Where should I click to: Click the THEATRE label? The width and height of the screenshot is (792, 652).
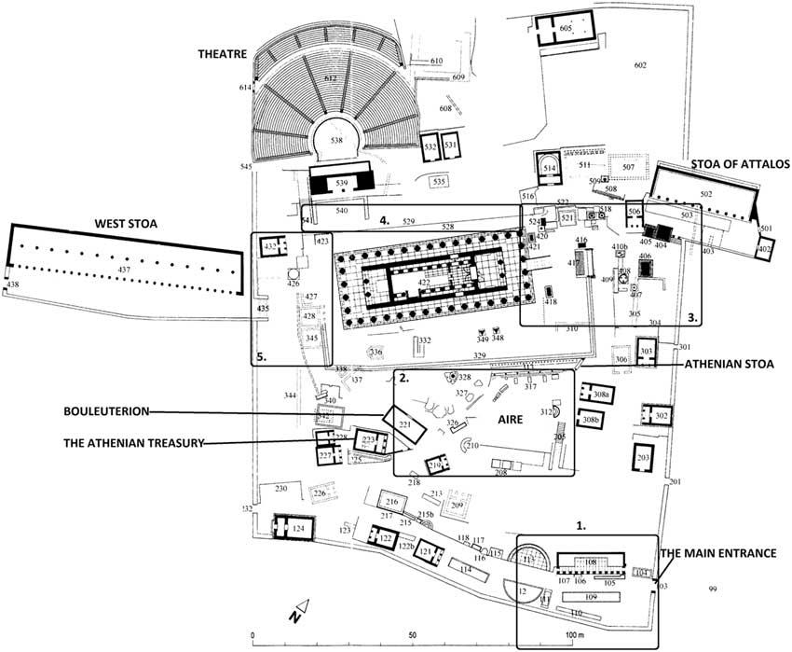222,55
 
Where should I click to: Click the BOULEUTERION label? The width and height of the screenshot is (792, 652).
109,410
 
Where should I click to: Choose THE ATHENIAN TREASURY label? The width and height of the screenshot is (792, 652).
133,443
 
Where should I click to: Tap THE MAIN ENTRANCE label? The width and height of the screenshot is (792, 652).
718,553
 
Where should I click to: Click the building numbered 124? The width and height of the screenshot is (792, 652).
297,529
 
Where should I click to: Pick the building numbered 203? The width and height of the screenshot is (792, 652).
643,459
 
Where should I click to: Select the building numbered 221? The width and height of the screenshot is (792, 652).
404,425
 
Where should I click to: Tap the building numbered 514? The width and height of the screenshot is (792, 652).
550,167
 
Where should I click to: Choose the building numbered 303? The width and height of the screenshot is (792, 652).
647,352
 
